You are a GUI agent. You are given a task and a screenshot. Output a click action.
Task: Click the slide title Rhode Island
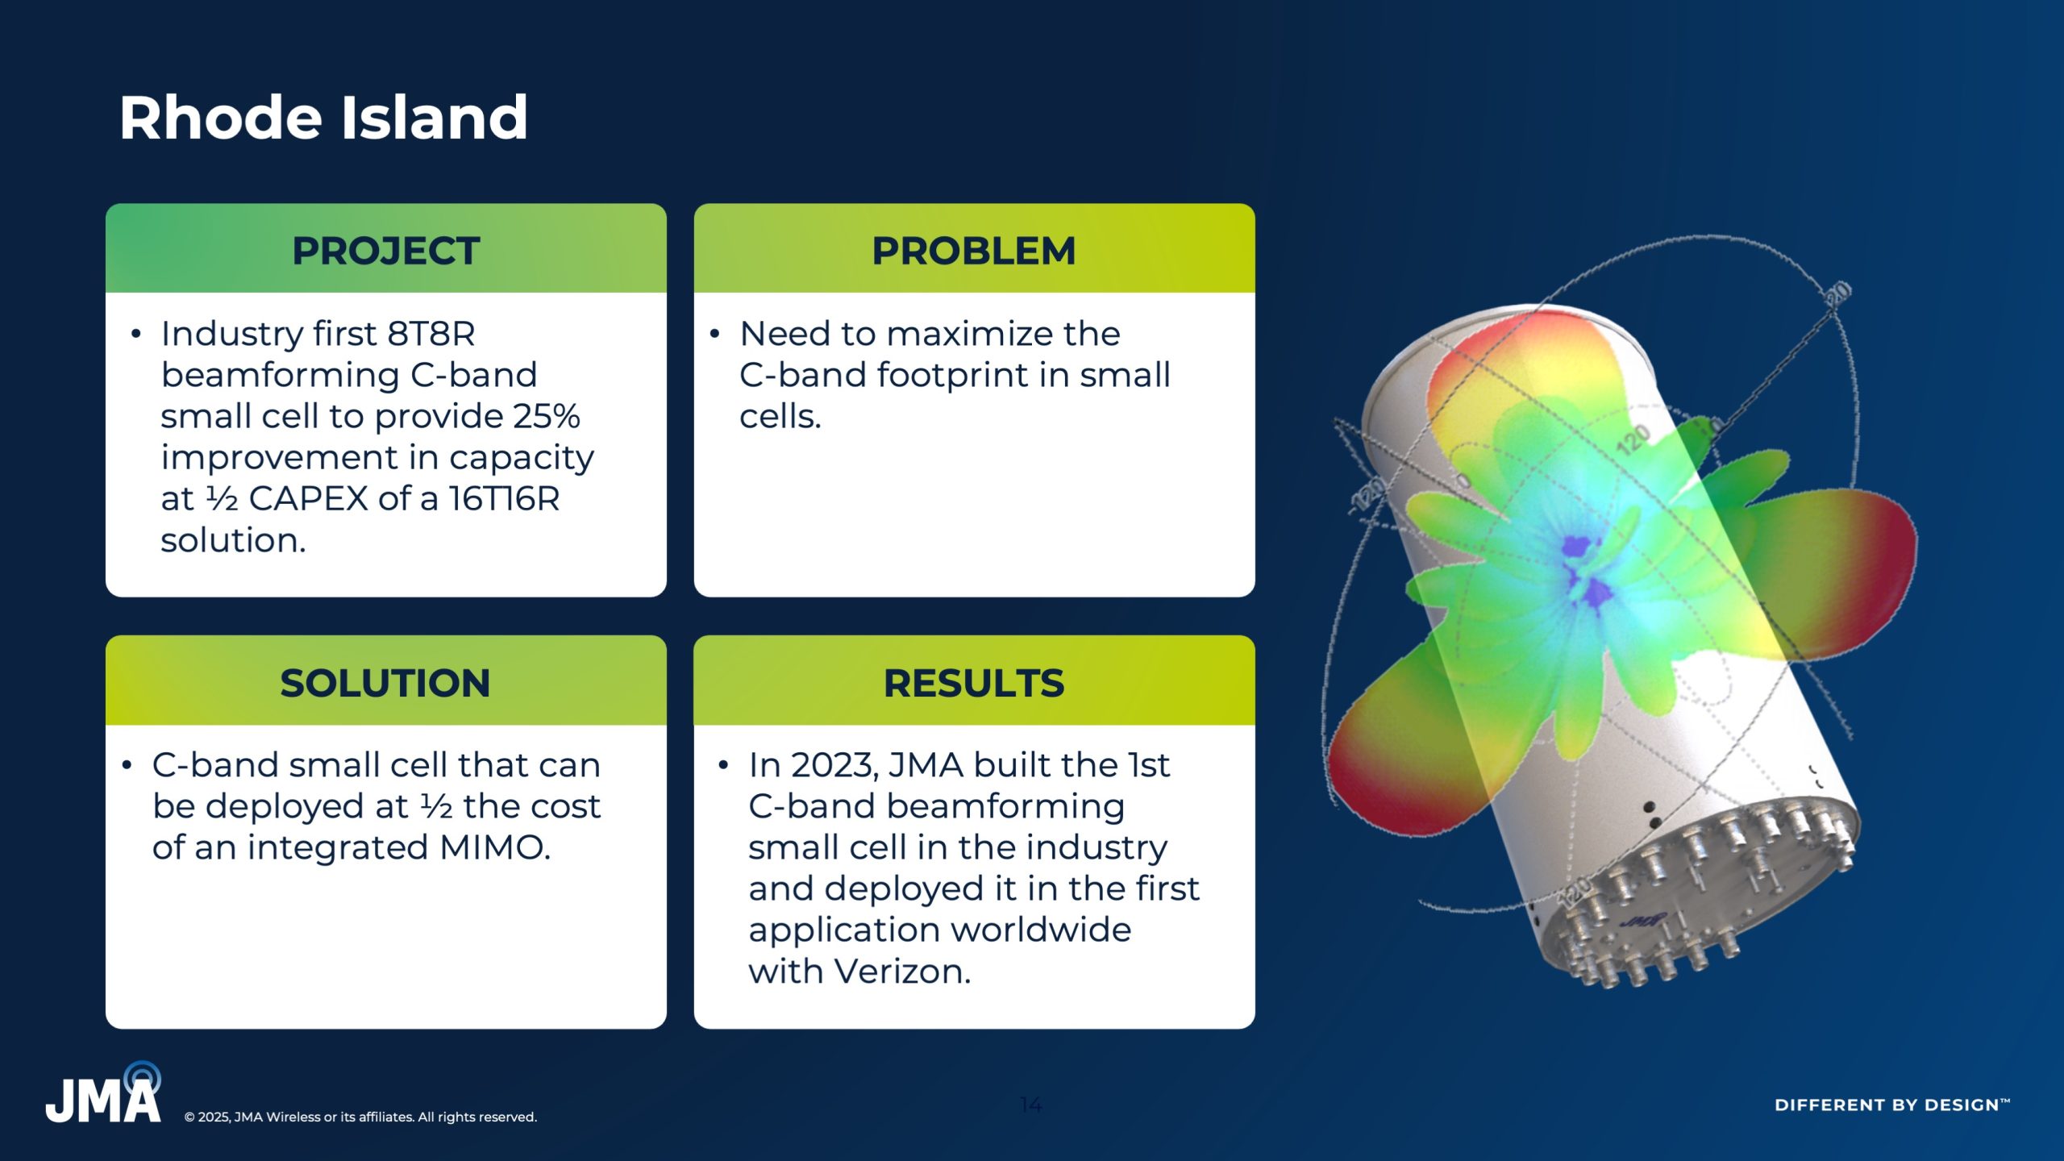point(323,118)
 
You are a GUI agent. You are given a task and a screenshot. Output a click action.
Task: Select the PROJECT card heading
point(386,251)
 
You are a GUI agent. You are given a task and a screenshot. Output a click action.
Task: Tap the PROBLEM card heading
point(974,251)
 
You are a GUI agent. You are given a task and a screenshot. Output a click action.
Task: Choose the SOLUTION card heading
point(385,683)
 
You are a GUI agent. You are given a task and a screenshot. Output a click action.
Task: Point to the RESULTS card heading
point(974,683)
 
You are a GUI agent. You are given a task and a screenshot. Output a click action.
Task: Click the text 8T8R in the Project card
point(431,334)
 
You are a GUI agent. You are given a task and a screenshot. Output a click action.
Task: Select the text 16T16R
point(504,499)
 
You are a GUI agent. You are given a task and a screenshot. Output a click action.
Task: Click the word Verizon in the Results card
point(902,972)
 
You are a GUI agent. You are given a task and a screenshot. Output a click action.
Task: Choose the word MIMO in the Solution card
point(495,848)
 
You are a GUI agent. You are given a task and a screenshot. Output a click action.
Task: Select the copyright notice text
point(360,1117)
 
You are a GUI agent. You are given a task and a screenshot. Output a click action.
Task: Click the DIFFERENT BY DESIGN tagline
point(1891,1105)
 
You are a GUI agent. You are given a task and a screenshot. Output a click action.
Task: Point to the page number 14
point(1031,1104)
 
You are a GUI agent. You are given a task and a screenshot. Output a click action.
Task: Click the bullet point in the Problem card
point(714,334)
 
